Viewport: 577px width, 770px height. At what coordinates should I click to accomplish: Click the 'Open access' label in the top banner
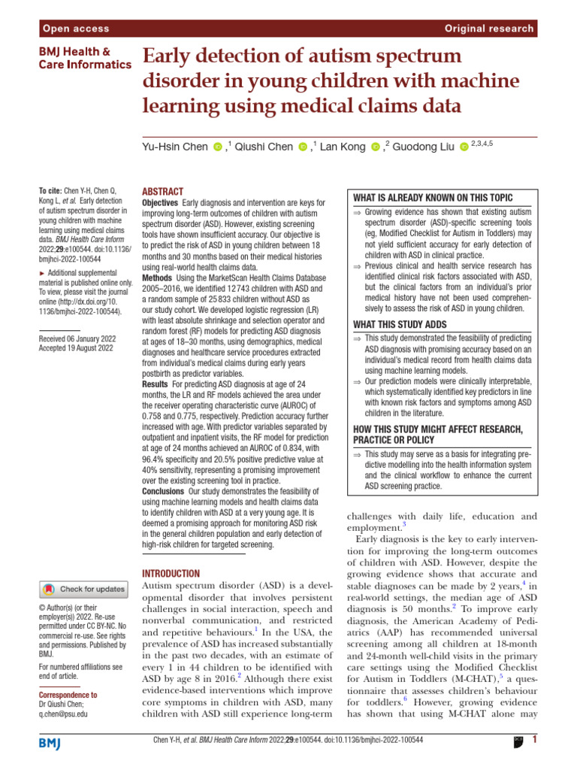[76, 29]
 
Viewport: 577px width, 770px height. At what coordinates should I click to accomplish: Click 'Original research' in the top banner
[489, 29]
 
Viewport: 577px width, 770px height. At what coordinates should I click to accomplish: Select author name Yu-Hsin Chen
[175, 147]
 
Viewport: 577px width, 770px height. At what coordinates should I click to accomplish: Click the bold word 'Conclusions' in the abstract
[163, 491]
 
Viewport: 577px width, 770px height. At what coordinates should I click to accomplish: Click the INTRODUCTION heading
[171, 573]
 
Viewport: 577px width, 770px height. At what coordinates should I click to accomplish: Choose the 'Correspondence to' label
[68, 696]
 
